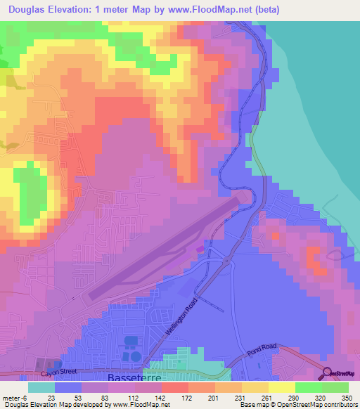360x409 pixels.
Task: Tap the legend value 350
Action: [x=345, y=397]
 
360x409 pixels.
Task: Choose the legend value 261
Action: [x=257, y=397]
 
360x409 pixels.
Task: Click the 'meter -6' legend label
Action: [x=15, y=397]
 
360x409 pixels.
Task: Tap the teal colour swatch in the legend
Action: [x=41, y=387]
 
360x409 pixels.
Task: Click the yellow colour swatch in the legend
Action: [x=282, y=387]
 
